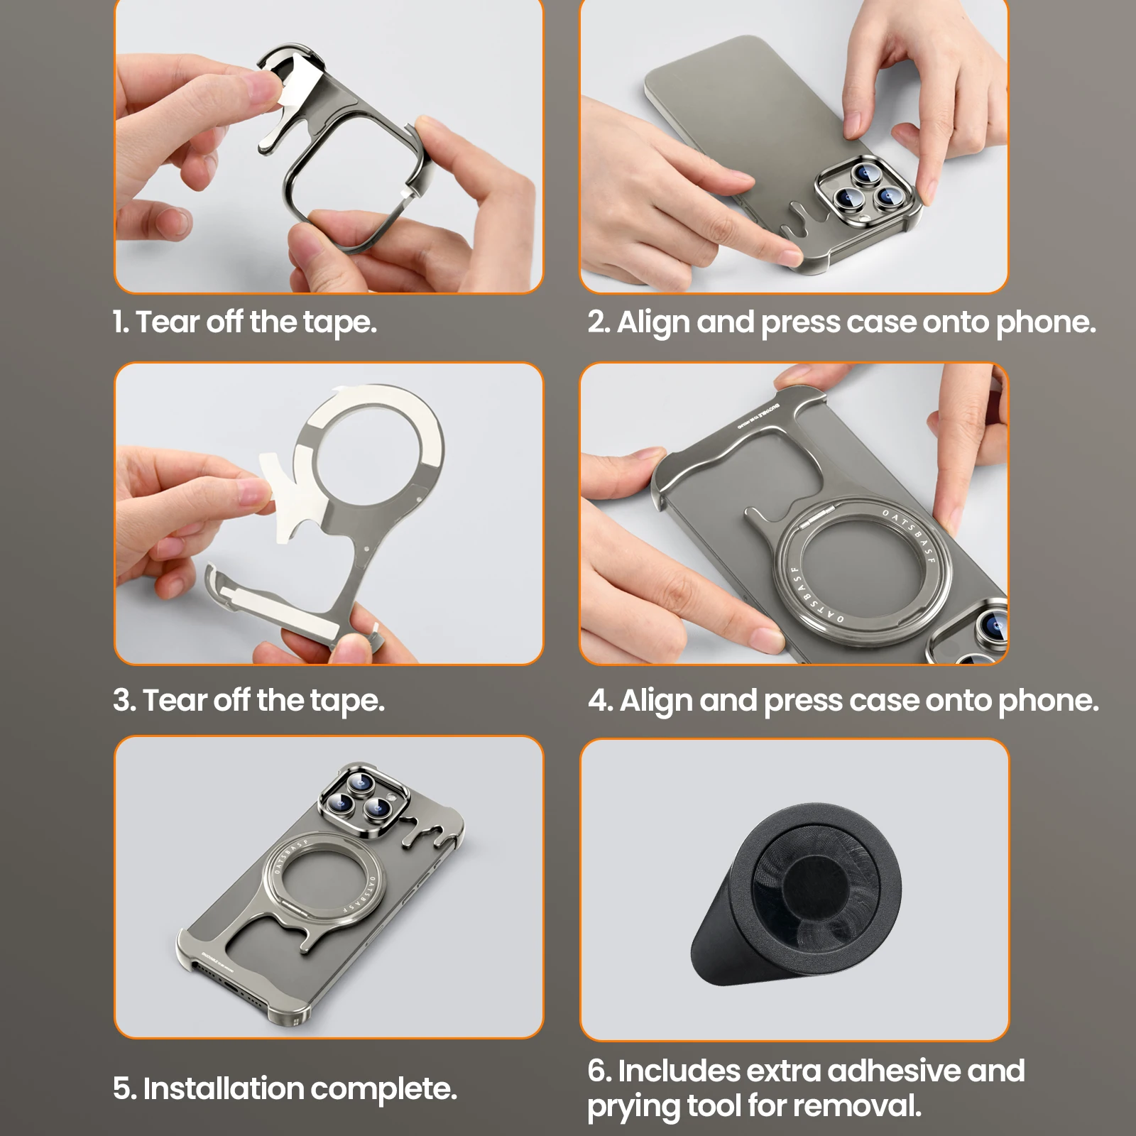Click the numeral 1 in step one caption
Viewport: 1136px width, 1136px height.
(119, 322)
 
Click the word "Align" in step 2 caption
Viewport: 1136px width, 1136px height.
(653, 323)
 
